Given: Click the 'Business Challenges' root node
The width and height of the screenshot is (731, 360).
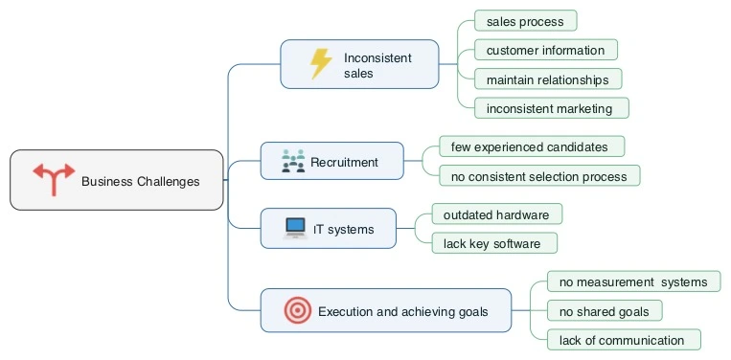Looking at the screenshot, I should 117,180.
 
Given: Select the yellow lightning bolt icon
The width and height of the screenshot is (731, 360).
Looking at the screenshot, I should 321,64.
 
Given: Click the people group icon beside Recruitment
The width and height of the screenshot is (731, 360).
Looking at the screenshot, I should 293,161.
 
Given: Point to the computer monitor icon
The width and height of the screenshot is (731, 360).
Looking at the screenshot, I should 295,229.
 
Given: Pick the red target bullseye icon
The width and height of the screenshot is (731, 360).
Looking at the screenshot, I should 298,310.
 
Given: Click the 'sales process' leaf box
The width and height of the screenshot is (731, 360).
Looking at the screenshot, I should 525,20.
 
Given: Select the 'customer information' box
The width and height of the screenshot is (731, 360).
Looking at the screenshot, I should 545,50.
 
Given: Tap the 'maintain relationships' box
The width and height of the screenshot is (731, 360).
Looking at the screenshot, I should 547,79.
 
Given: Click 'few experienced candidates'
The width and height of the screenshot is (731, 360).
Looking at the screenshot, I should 531,146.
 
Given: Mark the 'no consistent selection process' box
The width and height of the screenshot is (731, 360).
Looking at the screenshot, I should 538,176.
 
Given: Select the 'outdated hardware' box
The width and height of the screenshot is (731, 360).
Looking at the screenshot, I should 495,214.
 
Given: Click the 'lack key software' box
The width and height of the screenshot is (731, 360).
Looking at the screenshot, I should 492,243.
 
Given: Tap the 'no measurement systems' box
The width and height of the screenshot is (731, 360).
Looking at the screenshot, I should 632,281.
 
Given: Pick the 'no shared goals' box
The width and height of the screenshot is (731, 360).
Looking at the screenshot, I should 604,310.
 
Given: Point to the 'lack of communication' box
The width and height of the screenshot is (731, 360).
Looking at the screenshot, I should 623,340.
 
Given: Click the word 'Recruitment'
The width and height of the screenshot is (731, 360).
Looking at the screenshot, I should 344,162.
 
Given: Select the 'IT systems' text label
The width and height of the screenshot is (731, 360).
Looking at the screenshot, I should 343,230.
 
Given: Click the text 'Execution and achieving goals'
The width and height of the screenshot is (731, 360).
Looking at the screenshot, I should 402,311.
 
